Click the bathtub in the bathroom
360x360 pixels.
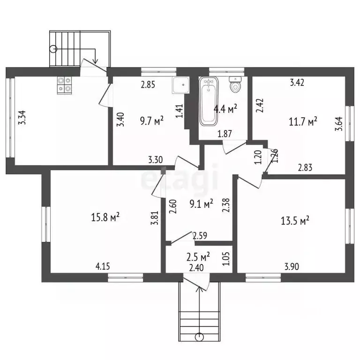pyautogui.click(x=209, y=101)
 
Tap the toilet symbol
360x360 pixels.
pyautogui.click(x=235, y=84)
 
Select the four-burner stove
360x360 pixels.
pyautogui.click(x=64, y=85)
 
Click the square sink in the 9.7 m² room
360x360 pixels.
pyautogui.click(x=180, y=85)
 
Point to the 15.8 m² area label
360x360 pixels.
pyautogui.click(x=105, y=217)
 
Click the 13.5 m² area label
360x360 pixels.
pyautogui.click(x=295, y=221)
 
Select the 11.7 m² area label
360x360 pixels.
pyautogui.click(x=303, y=121)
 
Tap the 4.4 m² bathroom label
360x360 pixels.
pyautogui.click(x=225, y=109)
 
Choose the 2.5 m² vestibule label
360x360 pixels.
pyautogui.click(x=198, y=257)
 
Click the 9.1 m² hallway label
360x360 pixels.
pyautogui.click(x=201, y=203)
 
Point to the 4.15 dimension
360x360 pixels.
pyautogui.click(x=103, y=266)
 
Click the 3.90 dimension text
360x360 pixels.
pyautogui.click(x=292, y=267)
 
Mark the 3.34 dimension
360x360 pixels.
pyautogui.click(x=22, y=118)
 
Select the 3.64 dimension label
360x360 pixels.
pyautogui.click(x=338, y=124)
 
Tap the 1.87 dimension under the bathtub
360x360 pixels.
pyautogui.click(x=225, y=134)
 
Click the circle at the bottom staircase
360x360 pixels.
pyautogui.click(x=199, y=337)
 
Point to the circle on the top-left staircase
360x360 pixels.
pyautogui.click(x=53, y=49)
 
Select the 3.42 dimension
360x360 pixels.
pyautogui.click(x=297, y=82)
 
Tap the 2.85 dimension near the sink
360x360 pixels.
pyautogui.click(x=148, y=84)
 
